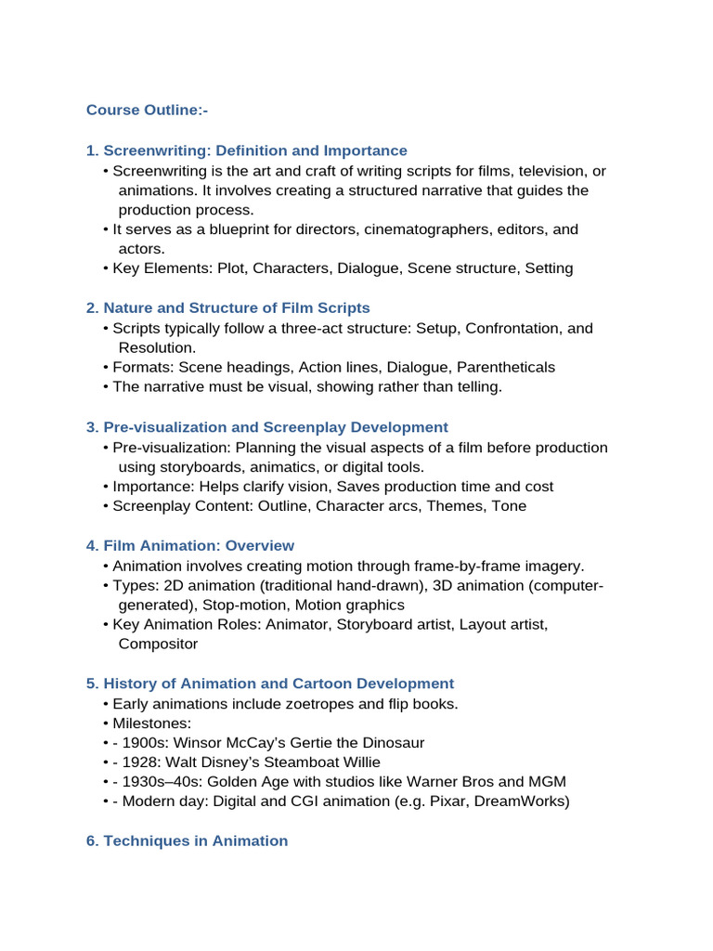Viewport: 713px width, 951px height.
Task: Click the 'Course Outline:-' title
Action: pos(147,111)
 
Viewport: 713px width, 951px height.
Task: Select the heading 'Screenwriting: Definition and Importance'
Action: pos(254,150)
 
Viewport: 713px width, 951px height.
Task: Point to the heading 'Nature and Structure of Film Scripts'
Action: pos(236,308)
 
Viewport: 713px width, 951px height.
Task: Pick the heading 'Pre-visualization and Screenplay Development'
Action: pos(275,427)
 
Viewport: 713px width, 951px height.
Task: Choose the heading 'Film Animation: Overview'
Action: pos(199,545)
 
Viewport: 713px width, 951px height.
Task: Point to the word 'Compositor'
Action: pos(158,644)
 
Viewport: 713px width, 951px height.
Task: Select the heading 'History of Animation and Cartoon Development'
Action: pos(279,684)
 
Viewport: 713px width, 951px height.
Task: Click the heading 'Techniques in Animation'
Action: pos(195,840)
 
